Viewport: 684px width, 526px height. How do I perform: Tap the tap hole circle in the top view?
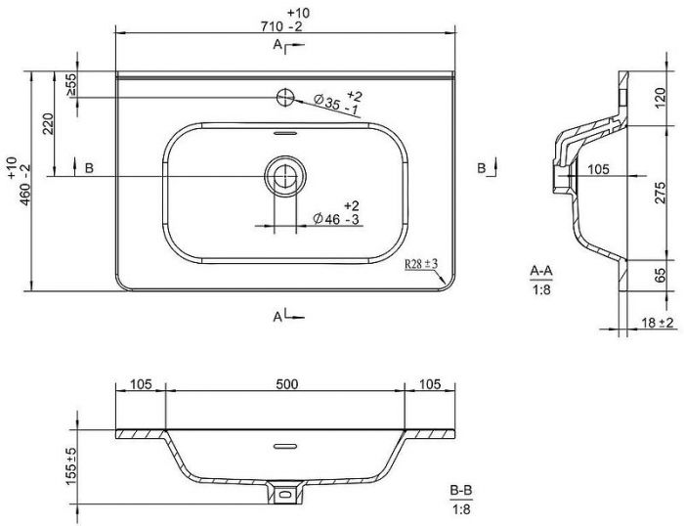[285, 98]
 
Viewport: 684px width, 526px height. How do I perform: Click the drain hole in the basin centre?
[285, 176]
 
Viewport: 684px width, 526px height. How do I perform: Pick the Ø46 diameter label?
[337, 212]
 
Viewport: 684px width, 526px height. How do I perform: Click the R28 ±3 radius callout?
[421, 264]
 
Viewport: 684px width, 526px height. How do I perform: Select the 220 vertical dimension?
[48, 123]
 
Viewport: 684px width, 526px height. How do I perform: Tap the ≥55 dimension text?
[70, 85]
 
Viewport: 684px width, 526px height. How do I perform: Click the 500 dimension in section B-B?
[287, 384]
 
